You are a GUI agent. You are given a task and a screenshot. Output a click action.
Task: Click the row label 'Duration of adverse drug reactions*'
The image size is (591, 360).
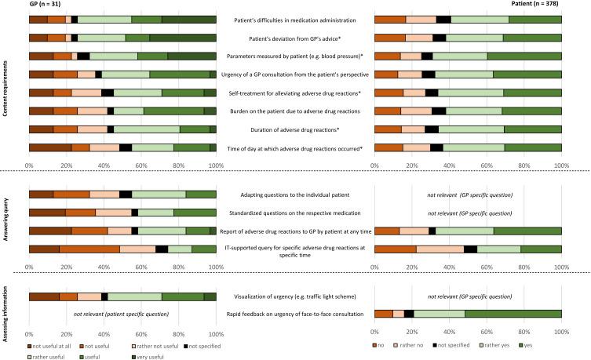click(x=295, y=129)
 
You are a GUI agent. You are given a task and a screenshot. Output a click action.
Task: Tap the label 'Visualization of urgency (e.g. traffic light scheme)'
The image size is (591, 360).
click(x=295, y=296)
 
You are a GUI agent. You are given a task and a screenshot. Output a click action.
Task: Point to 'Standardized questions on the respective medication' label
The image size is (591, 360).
click(x=295, y=213)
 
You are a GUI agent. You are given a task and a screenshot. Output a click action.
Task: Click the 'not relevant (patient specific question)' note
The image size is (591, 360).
click(x=122, y=314)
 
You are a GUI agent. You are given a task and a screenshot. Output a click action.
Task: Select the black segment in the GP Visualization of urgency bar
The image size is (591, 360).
click(x=104, y=296)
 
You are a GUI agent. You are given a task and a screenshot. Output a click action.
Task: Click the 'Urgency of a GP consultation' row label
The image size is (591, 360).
click(x=295, y=75)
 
